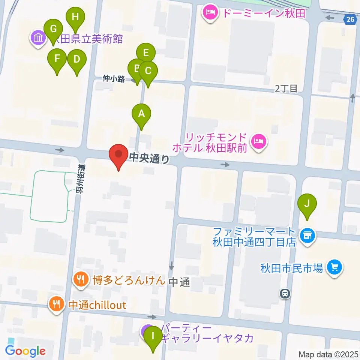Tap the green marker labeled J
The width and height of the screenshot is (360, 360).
(x=307, y=204)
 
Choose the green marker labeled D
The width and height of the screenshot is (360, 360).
(x=77, y=59)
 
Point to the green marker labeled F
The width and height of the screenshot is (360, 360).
(x=57, y=58)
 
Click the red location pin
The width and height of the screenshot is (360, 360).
(x=118, y=154)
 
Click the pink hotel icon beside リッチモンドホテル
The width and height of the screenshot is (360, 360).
(x=259, y=142)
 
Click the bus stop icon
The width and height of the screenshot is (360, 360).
(x=285, y=293)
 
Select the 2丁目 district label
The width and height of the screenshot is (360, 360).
(x=286, y=88)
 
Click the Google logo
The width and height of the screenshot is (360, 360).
(x=25, y=351)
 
